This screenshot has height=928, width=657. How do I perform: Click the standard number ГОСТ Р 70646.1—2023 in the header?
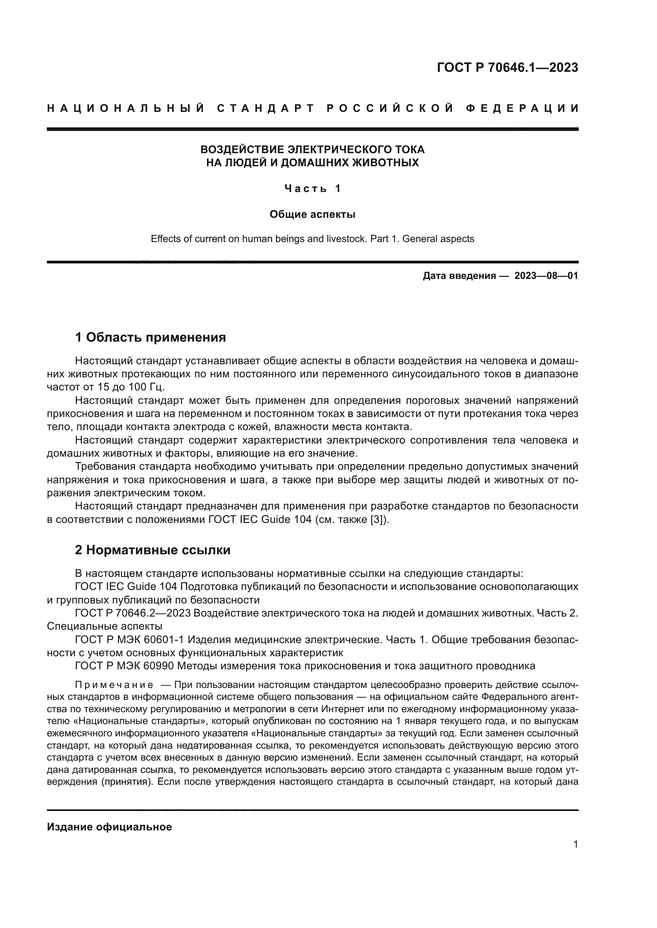pos(507,67)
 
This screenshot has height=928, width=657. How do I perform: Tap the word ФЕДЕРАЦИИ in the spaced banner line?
pos(522,108)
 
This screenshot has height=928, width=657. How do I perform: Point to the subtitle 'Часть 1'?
pos(312,188)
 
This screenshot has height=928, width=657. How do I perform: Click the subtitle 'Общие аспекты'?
pos(312,214)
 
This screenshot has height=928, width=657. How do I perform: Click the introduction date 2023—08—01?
pos(546,276)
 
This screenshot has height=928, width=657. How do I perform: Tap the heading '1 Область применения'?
pos(151,337)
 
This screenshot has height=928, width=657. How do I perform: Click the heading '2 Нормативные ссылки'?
pos(153,549)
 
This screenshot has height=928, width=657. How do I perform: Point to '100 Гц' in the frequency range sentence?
pos(145,387)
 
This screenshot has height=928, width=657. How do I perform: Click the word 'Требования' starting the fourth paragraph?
pos(105,467)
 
